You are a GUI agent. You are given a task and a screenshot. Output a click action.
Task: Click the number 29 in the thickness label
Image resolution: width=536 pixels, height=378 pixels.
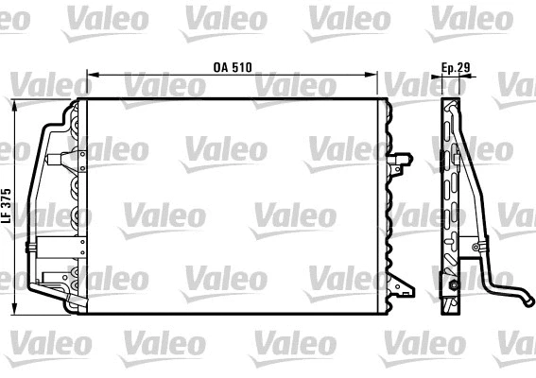pos(463,67)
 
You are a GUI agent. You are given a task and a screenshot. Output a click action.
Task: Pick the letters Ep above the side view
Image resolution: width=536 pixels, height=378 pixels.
pos(447,67)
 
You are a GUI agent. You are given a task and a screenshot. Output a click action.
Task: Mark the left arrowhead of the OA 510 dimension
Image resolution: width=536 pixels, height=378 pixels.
pos(89,75)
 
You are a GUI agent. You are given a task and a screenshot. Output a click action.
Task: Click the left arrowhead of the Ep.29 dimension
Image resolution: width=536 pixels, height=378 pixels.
pos(443,77)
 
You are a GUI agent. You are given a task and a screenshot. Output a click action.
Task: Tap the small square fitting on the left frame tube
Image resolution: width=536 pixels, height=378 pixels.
pos(34,251)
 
